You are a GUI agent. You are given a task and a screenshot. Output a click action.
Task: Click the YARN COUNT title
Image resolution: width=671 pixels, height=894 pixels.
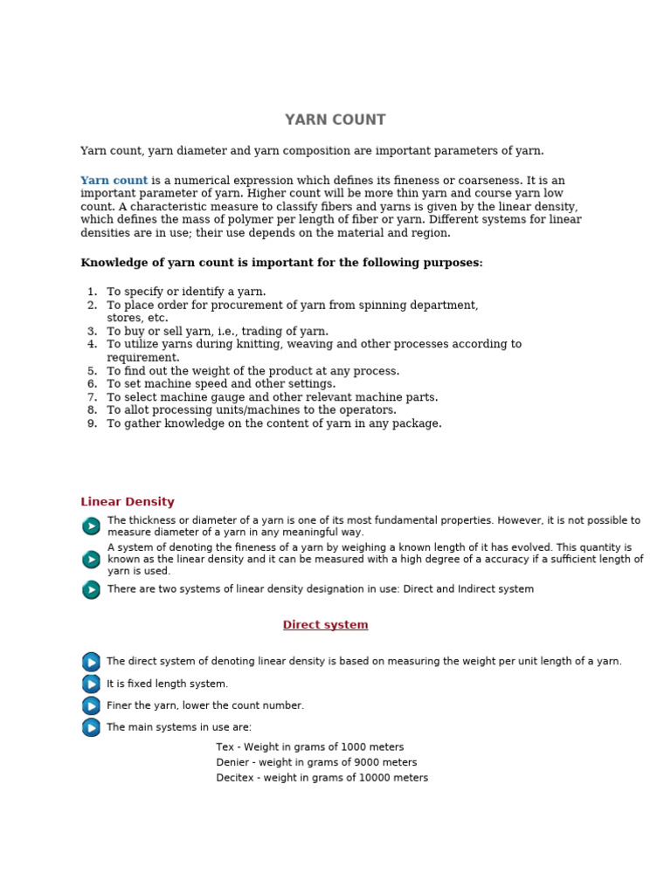pos(335,120)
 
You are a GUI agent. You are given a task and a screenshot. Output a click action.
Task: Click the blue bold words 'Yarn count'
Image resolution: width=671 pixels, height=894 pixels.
pos(114,181)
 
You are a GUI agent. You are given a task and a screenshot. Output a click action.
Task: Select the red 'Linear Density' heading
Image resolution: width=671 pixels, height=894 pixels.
pos(128,502)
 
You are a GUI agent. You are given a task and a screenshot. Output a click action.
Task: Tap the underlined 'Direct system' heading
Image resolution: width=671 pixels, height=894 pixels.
pos(325,625)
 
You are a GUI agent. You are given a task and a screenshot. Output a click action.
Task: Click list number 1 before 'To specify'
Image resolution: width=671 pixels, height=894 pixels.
pos(92,292)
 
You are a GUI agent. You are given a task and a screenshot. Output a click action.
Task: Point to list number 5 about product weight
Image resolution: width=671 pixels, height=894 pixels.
pos(92,371)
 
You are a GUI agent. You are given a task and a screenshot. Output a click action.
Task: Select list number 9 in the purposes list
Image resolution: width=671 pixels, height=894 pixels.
pos(92,423)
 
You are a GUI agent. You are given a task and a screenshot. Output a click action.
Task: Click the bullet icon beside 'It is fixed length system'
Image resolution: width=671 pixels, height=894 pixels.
pos(91,684)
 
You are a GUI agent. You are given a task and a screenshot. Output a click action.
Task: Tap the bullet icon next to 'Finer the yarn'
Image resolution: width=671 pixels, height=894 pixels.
pos(91,705)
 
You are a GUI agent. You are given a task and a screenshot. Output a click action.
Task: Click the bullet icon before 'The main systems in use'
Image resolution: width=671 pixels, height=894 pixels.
pos(91,727)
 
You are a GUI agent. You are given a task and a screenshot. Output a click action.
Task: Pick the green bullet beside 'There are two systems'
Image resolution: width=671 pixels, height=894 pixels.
pos(91,590)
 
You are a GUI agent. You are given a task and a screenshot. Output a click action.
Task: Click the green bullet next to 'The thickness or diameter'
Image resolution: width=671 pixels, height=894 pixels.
pos(91,526)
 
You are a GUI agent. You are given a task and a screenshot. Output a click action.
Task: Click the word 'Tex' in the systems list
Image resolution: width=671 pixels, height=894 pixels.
pos(225,747)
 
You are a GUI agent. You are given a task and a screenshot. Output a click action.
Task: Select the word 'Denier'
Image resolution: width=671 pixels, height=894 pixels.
pos(233,763)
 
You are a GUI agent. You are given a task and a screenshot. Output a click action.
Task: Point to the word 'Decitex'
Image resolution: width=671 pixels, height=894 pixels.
pos(236,778)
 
